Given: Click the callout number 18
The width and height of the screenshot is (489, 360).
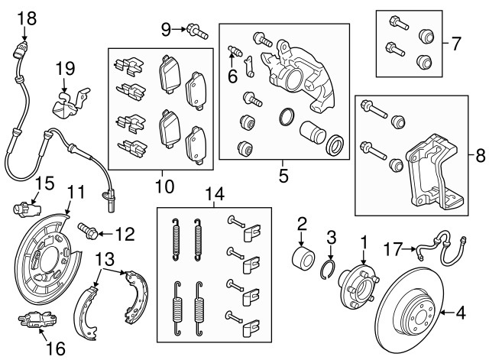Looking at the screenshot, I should [x=26, y=17].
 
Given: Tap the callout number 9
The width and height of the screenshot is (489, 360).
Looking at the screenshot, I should [x=166, y=30].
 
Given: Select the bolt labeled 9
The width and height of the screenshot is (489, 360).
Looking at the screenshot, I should [x=197, y=31].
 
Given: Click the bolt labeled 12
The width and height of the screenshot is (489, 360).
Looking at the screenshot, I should [x=86, y=229].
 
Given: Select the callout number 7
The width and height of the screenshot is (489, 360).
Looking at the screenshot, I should [x=456, y=43].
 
